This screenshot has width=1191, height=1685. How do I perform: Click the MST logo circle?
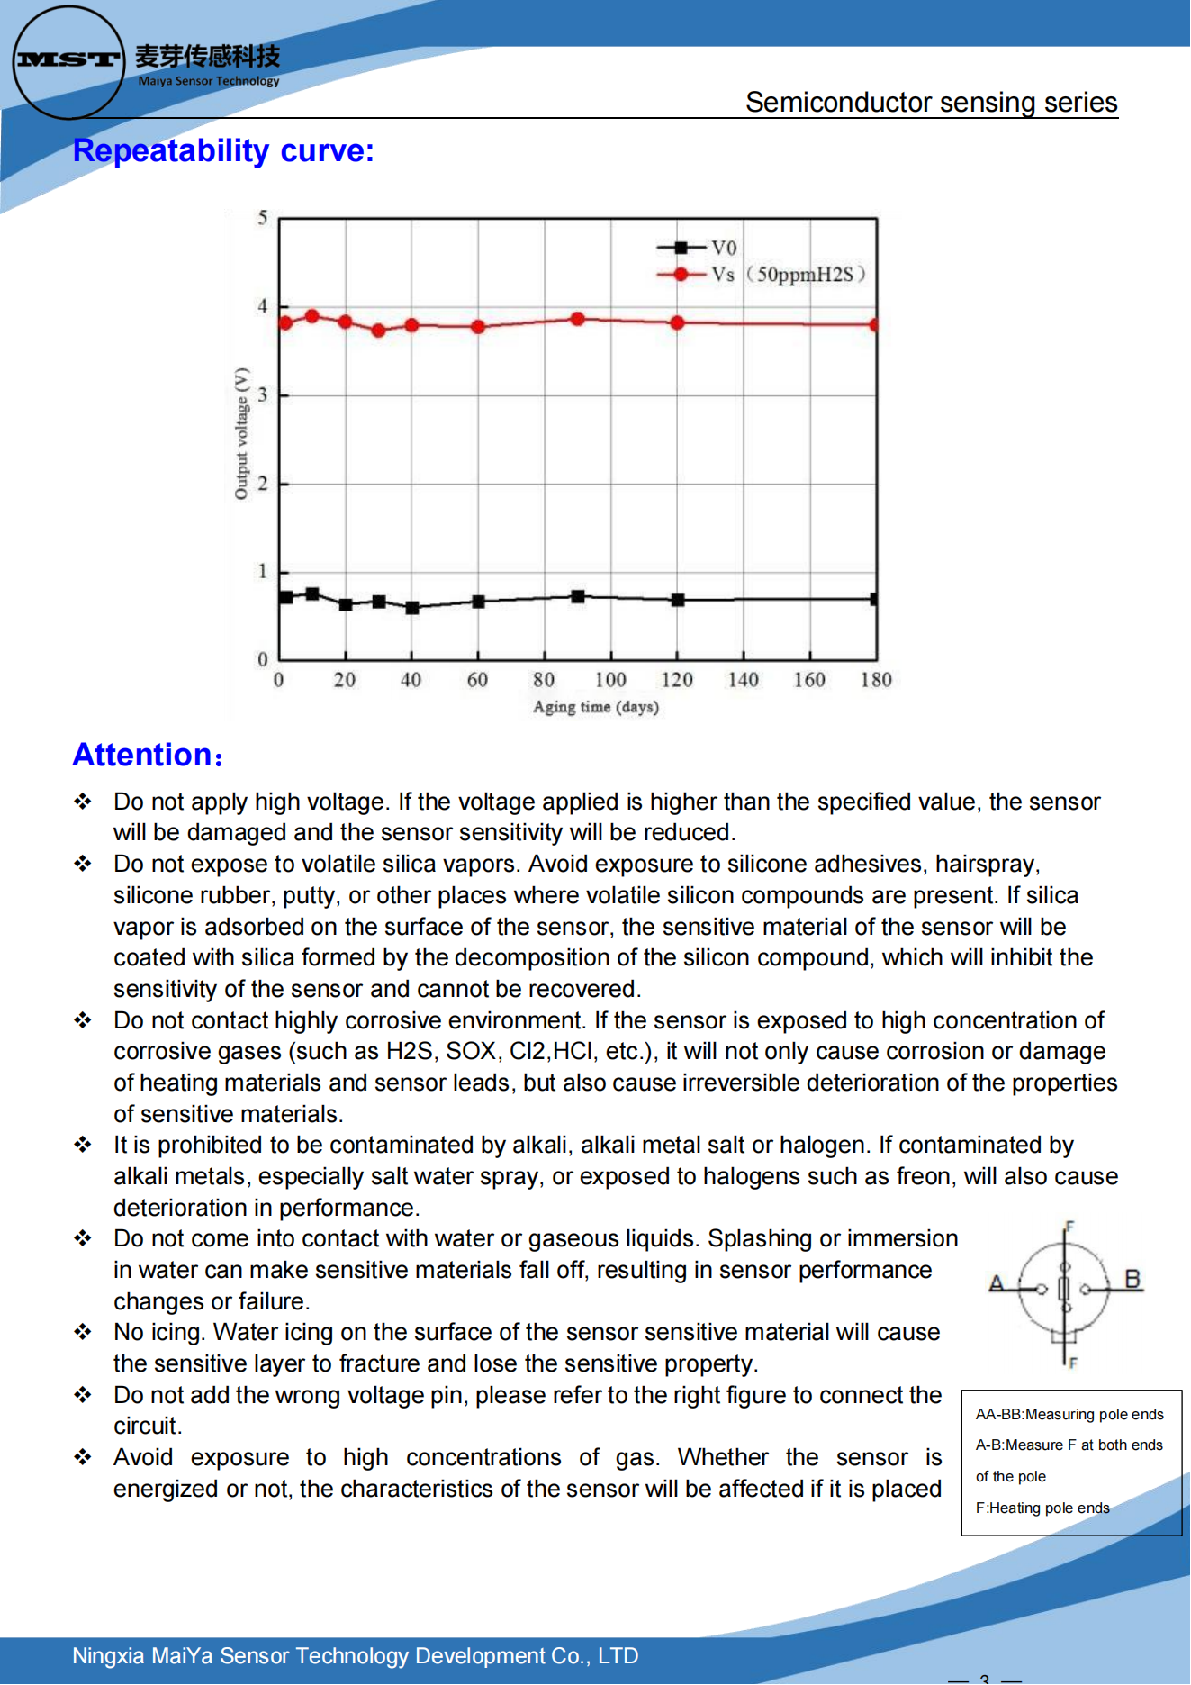point(68,61)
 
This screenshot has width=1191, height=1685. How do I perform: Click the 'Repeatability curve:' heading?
point(223,150)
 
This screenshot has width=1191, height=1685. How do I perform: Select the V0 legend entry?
point(697,248)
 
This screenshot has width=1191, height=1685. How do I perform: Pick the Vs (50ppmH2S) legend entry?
point(761,275)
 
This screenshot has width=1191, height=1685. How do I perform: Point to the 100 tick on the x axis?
point(610,680)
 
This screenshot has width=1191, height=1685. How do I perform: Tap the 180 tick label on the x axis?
point(876,680)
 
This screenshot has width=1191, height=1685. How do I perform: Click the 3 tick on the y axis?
point(263,394)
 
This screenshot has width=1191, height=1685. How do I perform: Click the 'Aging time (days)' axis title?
point(596,707)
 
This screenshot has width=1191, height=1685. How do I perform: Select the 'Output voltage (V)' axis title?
point(241,433)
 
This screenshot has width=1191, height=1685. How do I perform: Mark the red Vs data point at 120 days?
point(677,322)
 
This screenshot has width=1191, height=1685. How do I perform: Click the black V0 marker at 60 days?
point(478,602)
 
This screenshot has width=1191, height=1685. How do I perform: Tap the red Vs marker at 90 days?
point(578,319)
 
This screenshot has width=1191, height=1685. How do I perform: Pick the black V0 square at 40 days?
point(412,608)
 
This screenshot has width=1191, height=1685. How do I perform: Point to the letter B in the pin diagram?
point(1132,1279)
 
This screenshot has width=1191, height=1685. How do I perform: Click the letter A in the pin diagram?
point(996,1283)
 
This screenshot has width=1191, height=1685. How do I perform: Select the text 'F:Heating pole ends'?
point(1042,1508)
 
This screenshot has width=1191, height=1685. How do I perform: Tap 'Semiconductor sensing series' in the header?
point(931,103)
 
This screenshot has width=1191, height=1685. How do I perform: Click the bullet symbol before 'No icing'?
point(83,1332)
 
